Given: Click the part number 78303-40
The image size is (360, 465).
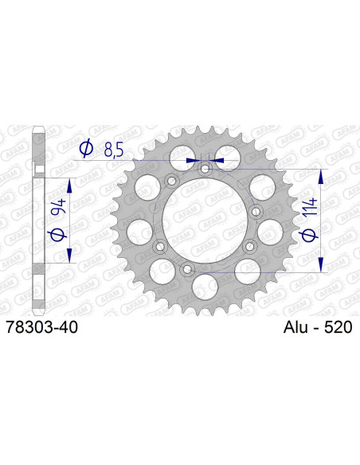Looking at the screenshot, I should (x=41, y=326).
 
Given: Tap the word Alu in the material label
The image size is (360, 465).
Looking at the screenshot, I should (x=296, y=326).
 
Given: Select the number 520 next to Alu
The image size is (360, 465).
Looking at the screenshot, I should (x=337, y=326).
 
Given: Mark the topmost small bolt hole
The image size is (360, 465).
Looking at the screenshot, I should (x=205, y=169).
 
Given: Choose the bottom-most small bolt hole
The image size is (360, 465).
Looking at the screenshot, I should (x=188, y=271).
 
